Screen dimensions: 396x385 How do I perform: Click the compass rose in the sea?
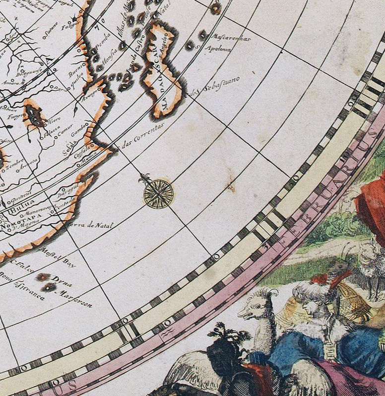click(x=159, y=193)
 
